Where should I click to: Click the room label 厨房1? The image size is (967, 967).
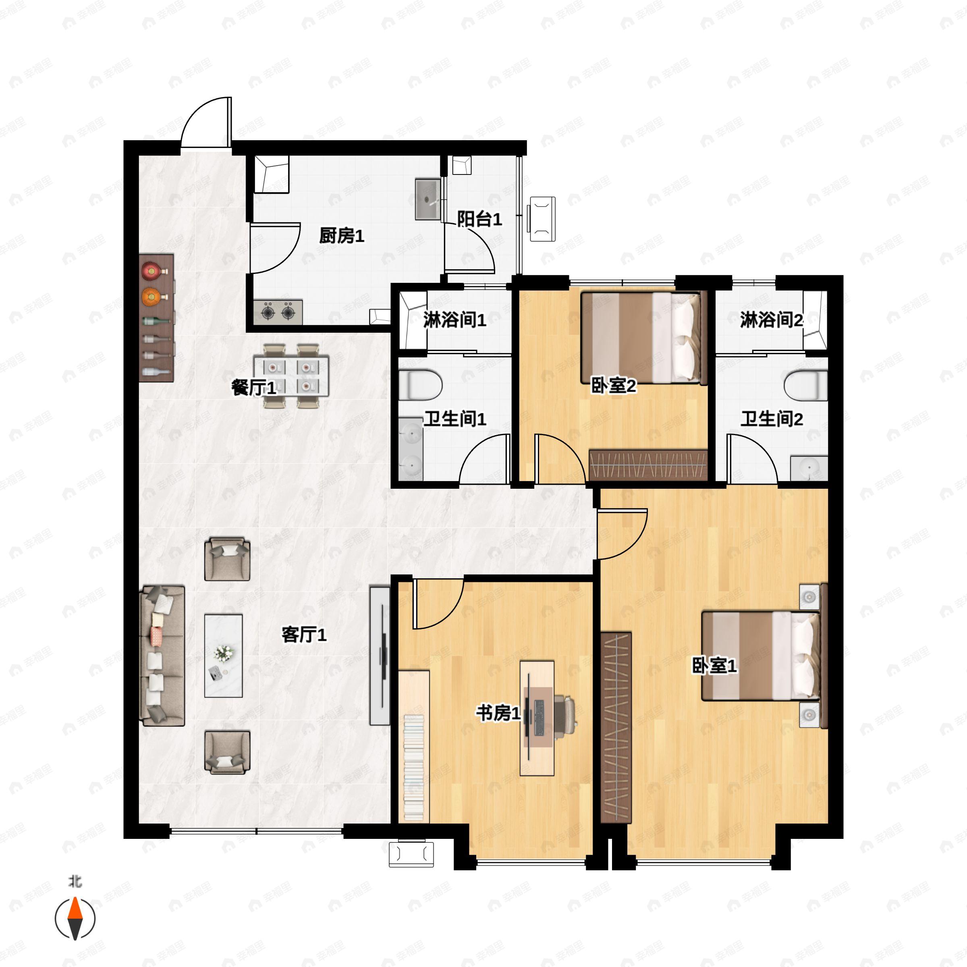click(342, 236)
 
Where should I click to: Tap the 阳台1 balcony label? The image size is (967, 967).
click(479, 219)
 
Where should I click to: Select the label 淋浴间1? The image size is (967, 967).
click(454, 320)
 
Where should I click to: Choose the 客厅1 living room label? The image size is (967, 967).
click(304, 635)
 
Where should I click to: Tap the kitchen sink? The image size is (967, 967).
click(427, 199)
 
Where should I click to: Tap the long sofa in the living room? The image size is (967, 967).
click(162, 656)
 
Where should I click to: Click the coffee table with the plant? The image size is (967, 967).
click(223, 656)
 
